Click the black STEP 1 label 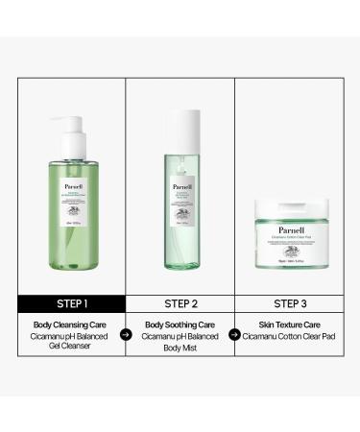point(72,304)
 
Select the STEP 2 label point(180,304)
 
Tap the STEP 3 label point(288,304)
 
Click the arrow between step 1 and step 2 point(126,336)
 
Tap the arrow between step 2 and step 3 point(233,336)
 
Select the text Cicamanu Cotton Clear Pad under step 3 point(288,336)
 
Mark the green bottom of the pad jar point(288,263)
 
